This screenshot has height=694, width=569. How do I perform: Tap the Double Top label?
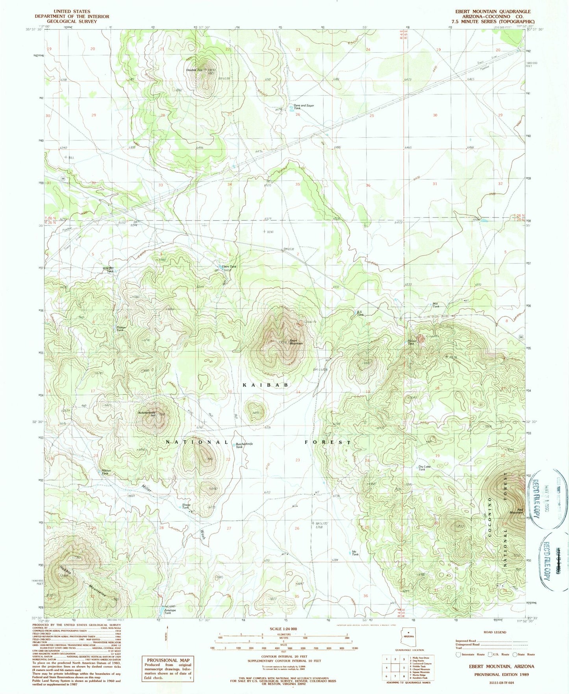pos(194,70)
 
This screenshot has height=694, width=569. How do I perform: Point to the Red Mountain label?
pos(516,510)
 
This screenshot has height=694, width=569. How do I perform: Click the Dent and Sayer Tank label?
pos(304,107)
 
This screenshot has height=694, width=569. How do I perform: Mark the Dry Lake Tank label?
pos(424,468)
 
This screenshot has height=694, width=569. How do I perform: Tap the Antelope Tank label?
pos(168,612)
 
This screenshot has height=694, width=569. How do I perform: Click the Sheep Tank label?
pos(186,506)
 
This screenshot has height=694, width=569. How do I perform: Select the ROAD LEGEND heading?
pos(495,632)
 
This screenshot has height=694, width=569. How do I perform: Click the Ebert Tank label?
pos(229,267)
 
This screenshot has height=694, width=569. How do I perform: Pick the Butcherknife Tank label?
pos(244,445)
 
